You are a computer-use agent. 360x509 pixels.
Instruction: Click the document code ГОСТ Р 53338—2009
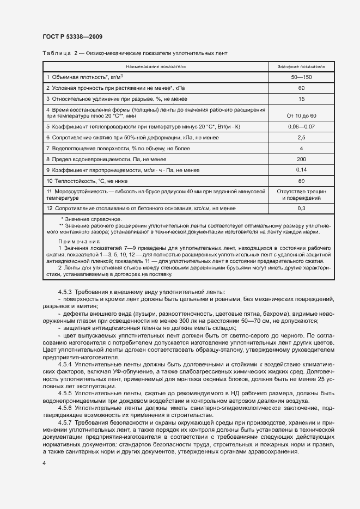[x=72, y=36]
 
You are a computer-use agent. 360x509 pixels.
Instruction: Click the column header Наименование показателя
[x=155, y=66]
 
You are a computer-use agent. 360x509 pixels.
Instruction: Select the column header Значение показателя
[x=301, y=66]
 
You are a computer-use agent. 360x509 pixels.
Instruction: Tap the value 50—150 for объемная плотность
[x=301, y=77]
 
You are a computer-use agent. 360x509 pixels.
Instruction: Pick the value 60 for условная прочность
[x=301, y=88]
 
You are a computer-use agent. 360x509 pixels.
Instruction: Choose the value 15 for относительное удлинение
[x=301, y=99]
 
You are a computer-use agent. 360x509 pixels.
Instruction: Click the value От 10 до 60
[x=301, y=116]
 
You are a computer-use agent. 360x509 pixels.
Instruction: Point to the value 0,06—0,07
[x=301, y=126]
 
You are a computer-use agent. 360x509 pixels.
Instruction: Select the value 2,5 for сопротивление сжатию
[x=301, y=137]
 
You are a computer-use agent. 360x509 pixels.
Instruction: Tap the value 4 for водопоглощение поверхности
[x=301, y=148]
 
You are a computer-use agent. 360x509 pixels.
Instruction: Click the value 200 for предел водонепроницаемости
[x=301, y=159]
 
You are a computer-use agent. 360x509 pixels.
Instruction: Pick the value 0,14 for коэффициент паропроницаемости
[x=301, y=170]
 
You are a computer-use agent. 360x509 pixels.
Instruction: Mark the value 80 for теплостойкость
[x=301, y=181]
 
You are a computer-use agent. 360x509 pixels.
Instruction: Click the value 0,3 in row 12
[x=301, y=208]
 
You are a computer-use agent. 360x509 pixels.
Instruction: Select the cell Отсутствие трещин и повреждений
[x=301, y=195]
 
